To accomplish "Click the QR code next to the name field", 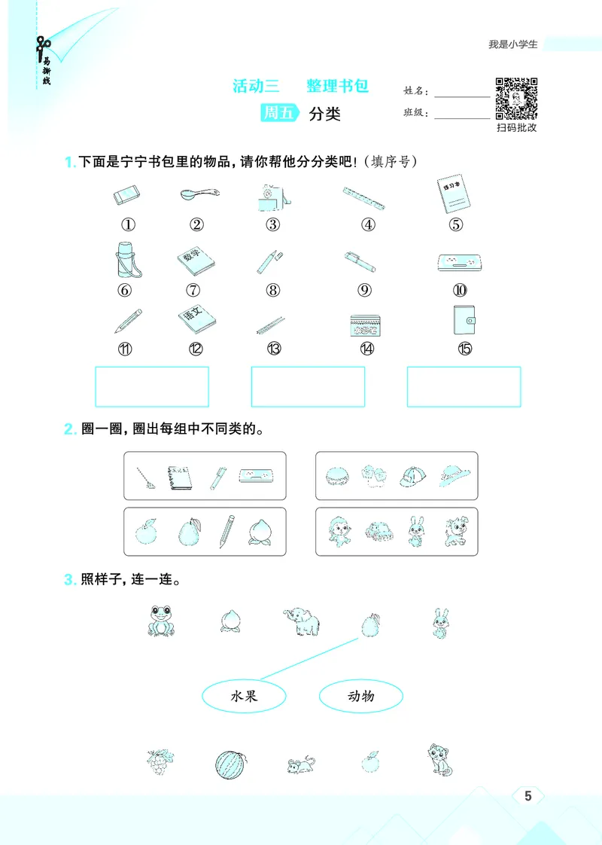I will pyautogui.click(x=516, y=99).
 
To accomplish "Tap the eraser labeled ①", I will pyautogui.click(x=128, y=196).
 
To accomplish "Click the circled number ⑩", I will pyautogui.click(x=460, y=290).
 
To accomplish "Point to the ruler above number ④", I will pyautogui.click(x=363, y=199).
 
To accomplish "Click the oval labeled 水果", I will pyautogui.click(x=245, y=696).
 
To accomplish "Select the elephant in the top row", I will pyautogui.click(x=301, y=621).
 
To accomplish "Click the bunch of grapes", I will pyautogui.click(x=160, y=761).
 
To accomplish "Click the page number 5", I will pyautogui.click(x=528, y=796).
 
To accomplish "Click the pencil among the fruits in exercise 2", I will pyautogui.click(x=227, y=531).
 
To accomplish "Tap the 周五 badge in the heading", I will pyautogui.click(x=278, y=114).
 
